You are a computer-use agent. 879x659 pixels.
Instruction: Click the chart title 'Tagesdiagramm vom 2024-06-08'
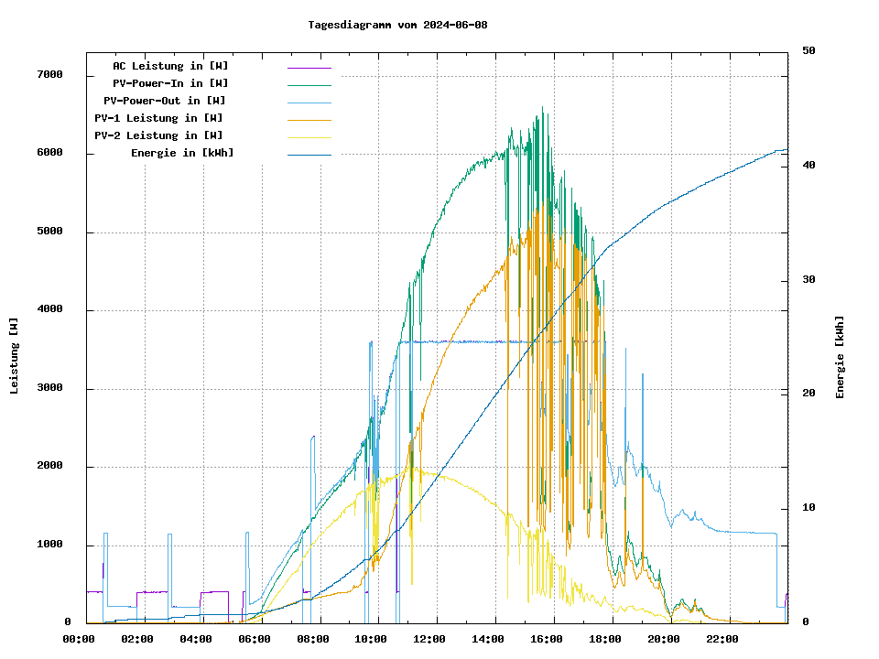tap(397, 25)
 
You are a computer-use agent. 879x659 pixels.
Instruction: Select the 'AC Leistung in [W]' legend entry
tap(170, 66)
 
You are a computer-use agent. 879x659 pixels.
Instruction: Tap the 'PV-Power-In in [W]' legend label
tap(177, 83)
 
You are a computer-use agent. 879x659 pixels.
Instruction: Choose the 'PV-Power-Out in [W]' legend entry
tap(165, 101)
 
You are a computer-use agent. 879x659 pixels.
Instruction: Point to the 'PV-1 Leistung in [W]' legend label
tap(158, 118)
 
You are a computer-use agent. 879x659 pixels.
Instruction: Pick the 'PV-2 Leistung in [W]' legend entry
tap(158, 135)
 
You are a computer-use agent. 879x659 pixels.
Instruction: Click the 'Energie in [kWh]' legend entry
tap(182, 153)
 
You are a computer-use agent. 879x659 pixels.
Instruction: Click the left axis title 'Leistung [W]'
tap(15, 356)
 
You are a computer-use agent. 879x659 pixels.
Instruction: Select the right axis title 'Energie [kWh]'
tap(840, 357)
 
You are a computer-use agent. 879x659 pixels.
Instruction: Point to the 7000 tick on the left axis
tap(49, 75)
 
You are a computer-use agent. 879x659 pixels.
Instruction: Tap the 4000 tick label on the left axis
tap(49, 310)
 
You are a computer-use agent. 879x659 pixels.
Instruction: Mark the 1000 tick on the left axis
tap(49, 546)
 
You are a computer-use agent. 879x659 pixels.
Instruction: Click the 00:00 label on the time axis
tap(79, 639)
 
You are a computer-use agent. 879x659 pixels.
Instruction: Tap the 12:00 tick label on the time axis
tap(429, 639)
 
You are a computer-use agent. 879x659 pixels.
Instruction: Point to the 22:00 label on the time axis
tap(722, 639)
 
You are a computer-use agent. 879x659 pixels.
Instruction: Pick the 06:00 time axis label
tap(255, 639)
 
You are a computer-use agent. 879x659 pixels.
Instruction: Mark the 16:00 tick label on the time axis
tap(547, 639)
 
